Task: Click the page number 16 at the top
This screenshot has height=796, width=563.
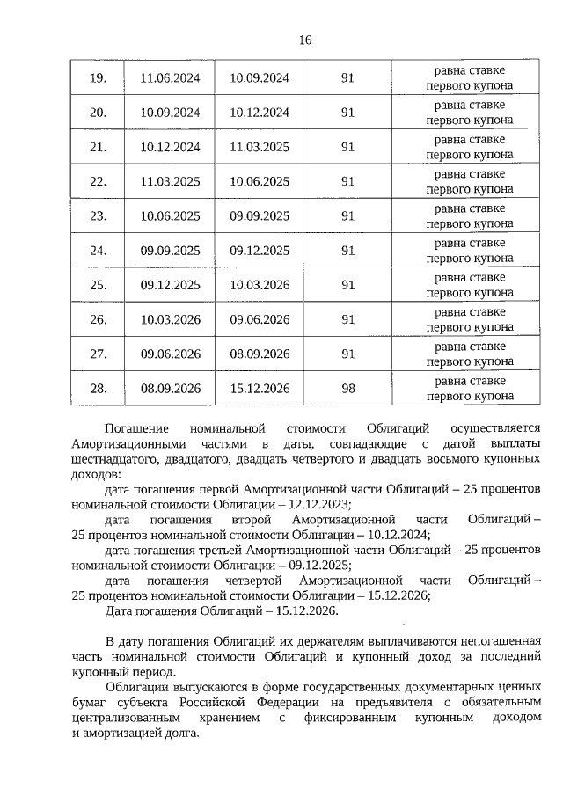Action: (x=305, y=40)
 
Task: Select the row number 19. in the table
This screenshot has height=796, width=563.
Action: (x=99, y=78)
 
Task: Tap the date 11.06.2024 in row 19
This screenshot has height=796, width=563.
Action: (x=171, y=78)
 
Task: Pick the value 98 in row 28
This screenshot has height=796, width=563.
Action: (x=347, y=388)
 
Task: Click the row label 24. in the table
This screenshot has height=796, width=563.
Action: (x=99, y=251)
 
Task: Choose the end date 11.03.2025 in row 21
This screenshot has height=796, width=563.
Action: (x=260, y=147)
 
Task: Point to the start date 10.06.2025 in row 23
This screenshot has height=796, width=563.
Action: (x=171, y=216)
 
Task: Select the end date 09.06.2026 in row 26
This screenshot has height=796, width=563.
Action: (x=260, y=319)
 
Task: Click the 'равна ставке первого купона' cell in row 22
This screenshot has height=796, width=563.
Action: (x=469, y=181)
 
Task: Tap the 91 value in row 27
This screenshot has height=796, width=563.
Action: (x=347, y=354)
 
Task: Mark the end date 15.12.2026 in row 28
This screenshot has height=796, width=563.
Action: (x=260, y=388)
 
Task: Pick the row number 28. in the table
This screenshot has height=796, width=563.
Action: (x=99, y=388)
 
